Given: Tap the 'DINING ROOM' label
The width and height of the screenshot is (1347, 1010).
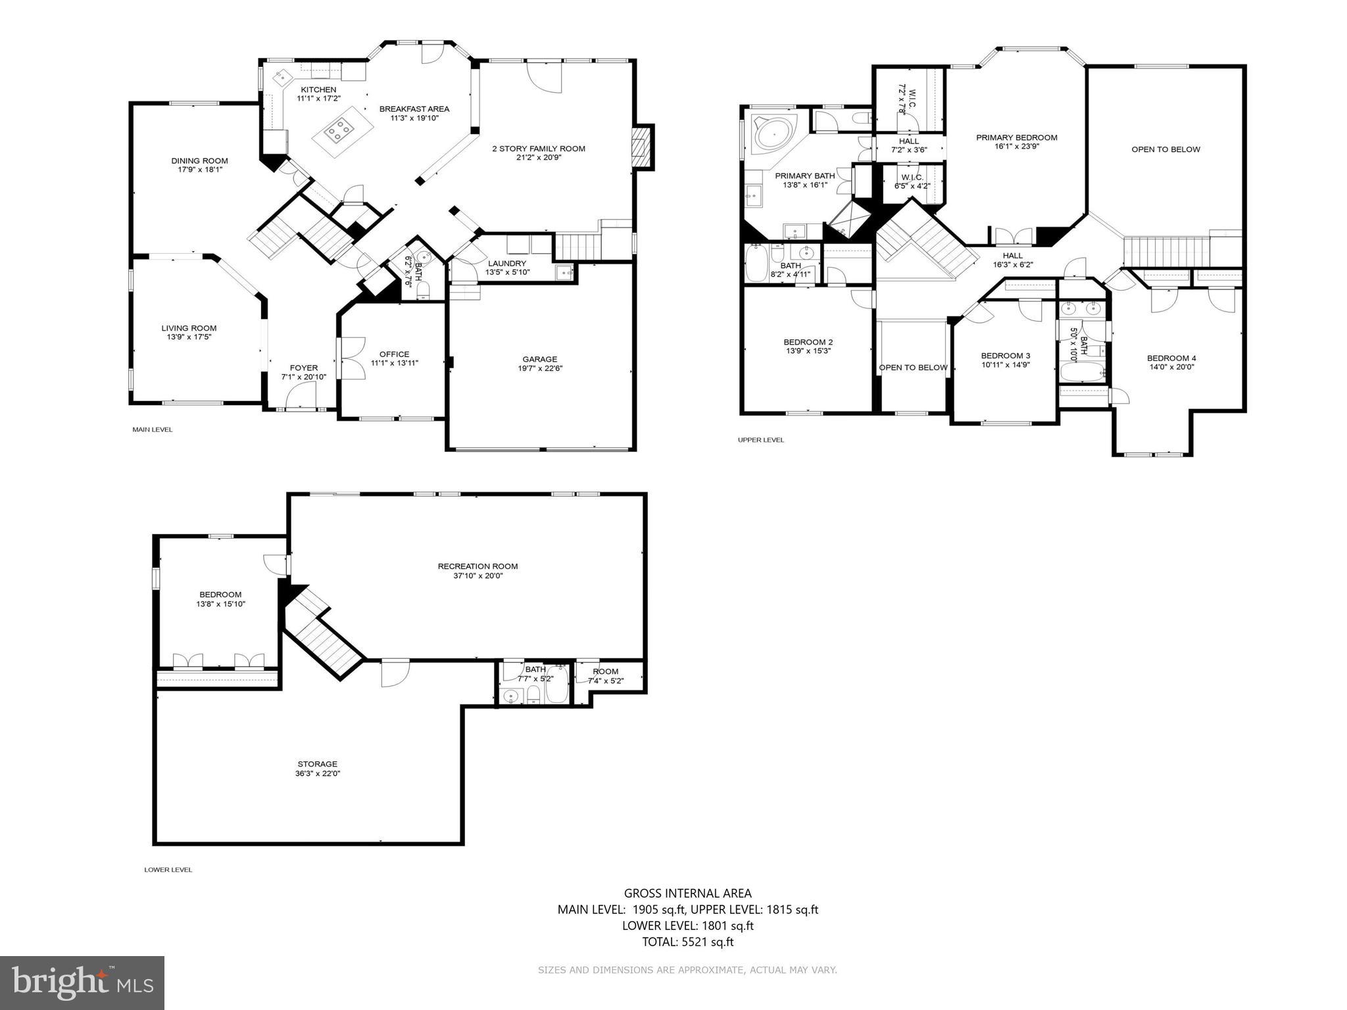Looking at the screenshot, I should pos(199,160).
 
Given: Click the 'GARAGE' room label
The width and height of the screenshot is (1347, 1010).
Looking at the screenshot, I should pos(539,359).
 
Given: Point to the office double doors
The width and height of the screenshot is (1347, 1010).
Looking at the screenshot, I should pos(352,358).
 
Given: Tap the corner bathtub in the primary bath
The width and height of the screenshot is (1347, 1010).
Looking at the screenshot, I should pos(772,135).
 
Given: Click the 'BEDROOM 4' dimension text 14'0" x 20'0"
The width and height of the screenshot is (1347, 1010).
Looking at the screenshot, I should pos(1171,368).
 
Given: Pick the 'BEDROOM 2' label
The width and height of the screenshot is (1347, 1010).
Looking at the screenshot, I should pos(808,342).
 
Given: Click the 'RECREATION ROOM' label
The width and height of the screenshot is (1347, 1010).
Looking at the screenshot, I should pos(478,566).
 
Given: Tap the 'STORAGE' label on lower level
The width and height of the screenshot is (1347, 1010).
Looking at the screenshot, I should pos(317,764).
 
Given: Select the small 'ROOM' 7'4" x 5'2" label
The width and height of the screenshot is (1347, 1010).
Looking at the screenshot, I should pos(605,671).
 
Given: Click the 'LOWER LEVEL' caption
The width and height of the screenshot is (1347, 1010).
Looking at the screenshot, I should pos(168,870).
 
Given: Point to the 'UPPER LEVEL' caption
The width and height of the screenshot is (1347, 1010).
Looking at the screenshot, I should pos(761,440).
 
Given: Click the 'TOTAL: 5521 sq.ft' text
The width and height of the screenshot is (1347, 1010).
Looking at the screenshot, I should pos(687,942).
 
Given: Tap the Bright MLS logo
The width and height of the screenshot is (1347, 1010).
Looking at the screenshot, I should pos(82,982).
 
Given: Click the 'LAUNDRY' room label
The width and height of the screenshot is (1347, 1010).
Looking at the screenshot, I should pos(507,263).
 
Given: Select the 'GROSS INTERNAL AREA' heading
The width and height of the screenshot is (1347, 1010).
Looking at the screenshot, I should pos(687,893).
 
